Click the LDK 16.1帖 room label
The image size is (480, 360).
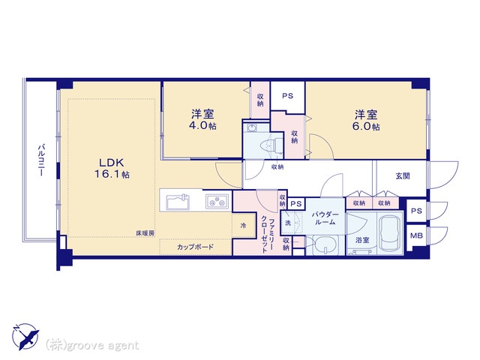click(x=112, y=168)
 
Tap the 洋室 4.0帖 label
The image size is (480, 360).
click(x=202, y=119)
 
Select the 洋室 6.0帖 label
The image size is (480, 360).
click(x=366, y=120)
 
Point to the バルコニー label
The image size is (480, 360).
click(x=41, y=160)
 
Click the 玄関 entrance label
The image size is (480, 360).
click(x=403, y=176)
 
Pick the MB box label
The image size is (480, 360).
click(x=416, y=235)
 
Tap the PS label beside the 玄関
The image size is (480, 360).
click(x=416, y=211)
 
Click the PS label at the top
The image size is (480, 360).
click(x=287, y=96)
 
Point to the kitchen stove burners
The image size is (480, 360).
click(x=217, y=202)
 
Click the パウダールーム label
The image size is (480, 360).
click(x=325, y=218)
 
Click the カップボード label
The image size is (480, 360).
click(x=195, y=247)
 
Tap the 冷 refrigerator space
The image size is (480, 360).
click(x=244, y=226)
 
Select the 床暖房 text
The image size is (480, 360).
click(x=145, y=233)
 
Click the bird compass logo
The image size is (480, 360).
click(x=25, y=337)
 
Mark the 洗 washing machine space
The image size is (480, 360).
click(x=288, y=223)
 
